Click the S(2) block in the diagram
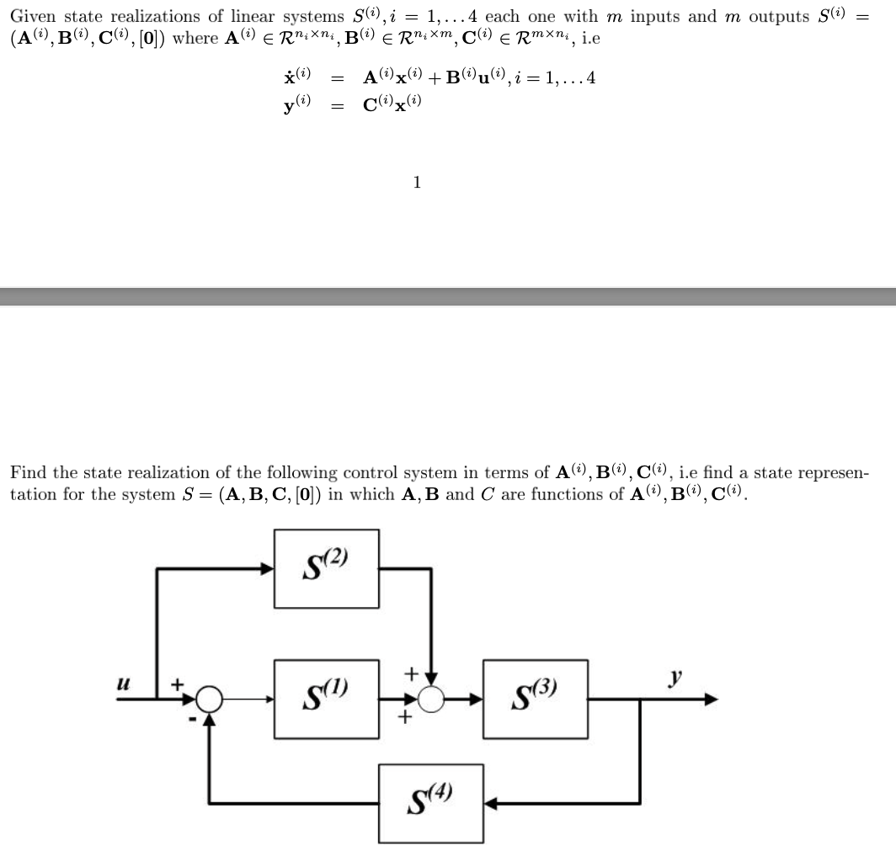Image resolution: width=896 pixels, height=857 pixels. (x=326, y=567)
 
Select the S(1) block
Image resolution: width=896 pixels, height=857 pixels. (x=326, y=699)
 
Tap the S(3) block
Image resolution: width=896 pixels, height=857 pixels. (x=536, y=699)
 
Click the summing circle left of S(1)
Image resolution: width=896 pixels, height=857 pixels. (x=210, y=699)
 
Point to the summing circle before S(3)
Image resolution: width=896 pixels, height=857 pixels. (x=431, y=699)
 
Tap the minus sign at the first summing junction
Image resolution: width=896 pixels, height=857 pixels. (x=193, y=718)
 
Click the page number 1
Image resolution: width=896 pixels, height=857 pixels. (x=418, y=182)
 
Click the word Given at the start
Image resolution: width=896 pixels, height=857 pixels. (x=32, y=17)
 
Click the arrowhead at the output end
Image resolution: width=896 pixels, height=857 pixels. (x=711, y=699)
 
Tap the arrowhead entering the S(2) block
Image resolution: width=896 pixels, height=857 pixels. (x=268, y=568)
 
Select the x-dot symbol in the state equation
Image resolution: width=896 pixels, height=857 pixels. (x=297, y=77)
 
